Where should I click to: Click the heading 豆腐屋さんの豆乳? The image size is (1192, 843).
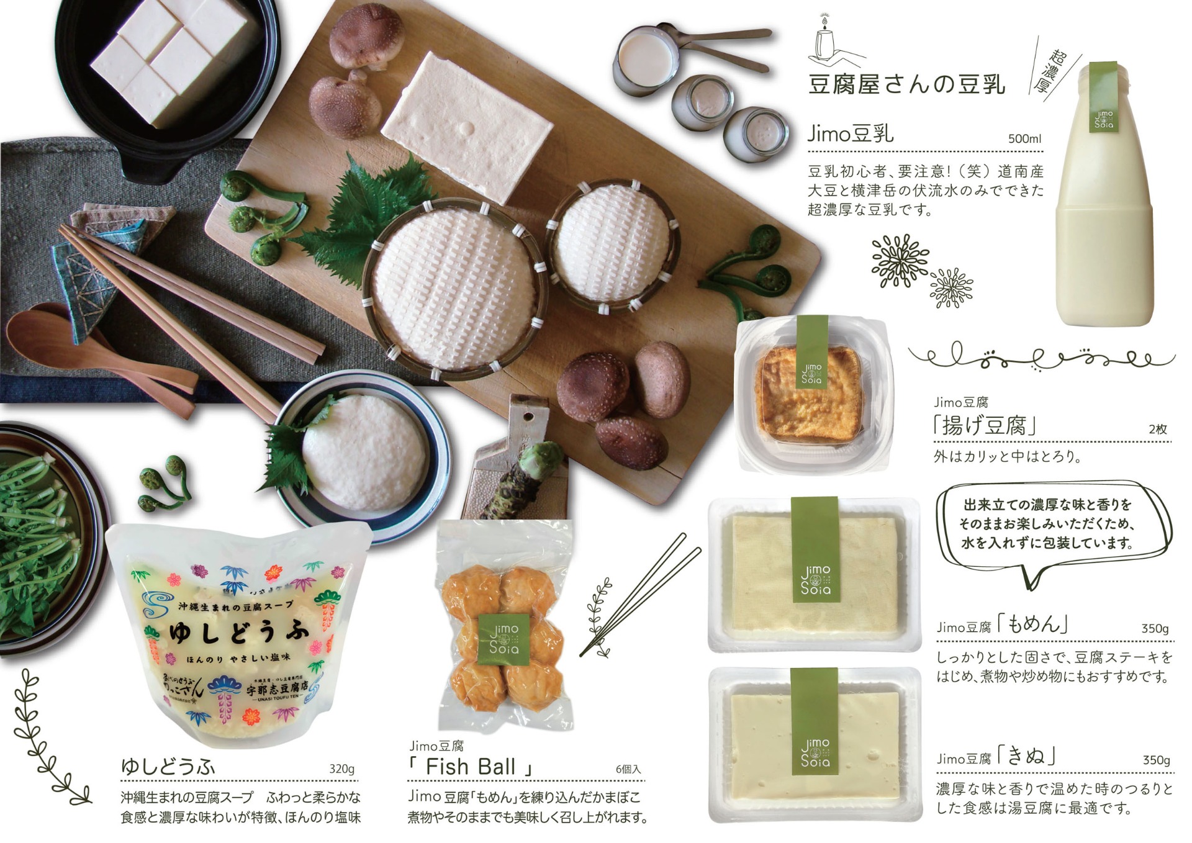(906, 84)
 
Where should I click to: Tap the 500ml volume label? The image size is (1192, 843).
(1024, 138)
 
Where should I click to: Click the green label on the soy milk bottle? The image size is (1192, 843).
(1104, 98)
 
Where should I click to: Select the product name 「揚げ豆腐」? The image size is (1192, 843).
(983, 426)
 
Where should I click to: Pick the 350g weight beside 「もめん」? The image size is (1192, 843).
(1154, 628)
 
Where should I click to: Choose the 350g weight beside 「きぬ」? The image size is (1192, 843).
(1155, 760)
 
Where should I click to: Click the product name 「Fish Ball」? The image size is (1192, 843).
(471, 767)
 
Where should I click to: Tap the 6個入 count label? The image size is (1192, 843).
(628, 769)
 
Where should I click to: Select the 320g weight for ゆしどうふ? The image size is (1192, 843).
(341, 769)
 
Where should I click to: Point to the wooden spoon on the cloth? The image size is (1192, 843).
(74, 348)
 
